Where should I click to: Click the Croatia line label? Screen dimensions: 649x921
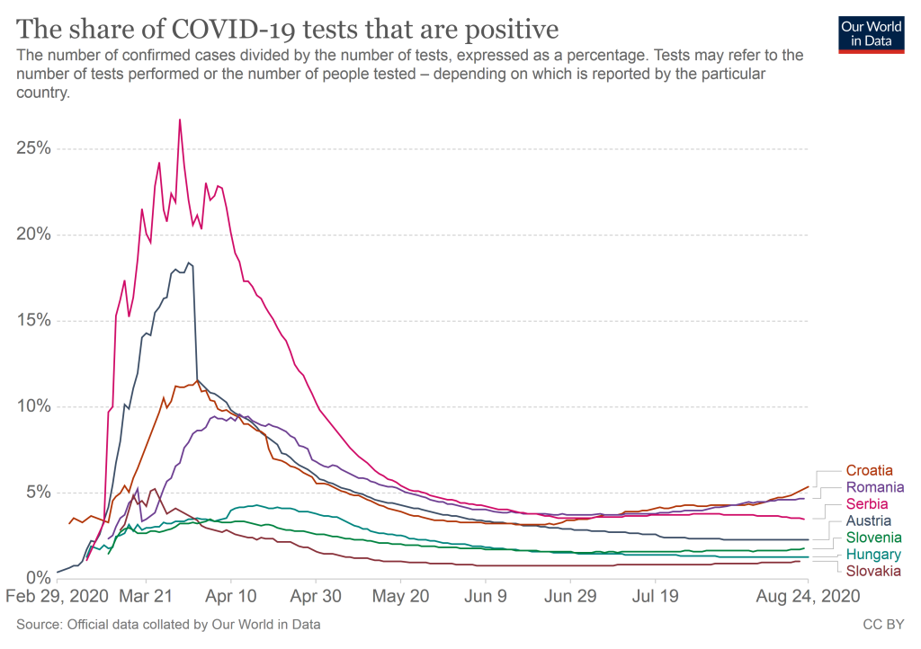click(870, 470)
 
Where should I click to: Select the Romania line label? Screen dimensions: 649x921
click(874, 487)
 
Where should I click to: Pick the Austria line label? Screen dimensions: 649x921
click(868, 520)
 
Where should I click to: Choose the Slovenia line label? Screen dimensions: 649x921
click(872, 538)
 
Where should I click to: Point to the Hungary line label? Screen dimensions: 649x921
click(873, 555)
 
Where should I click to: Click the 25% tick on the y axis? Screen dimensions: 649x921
click(33, 149)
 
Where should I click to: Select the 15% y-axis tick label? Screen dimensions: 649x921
click(33, 321)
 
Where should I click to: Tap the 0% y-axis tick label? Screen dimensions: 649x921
click(38, 578)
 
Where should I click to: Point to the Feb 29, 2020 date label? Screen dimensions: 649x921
click(59, 595)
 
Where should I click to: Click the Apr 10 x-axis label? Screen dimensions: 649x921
click(231, 595)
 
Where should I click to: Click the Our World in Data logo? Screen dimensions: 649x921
click(872, 33)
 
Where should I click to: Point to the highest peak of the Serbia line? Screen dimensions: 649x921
click(180, 120)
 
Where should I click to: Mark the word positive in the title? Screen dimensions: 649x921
click(506, 30)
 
